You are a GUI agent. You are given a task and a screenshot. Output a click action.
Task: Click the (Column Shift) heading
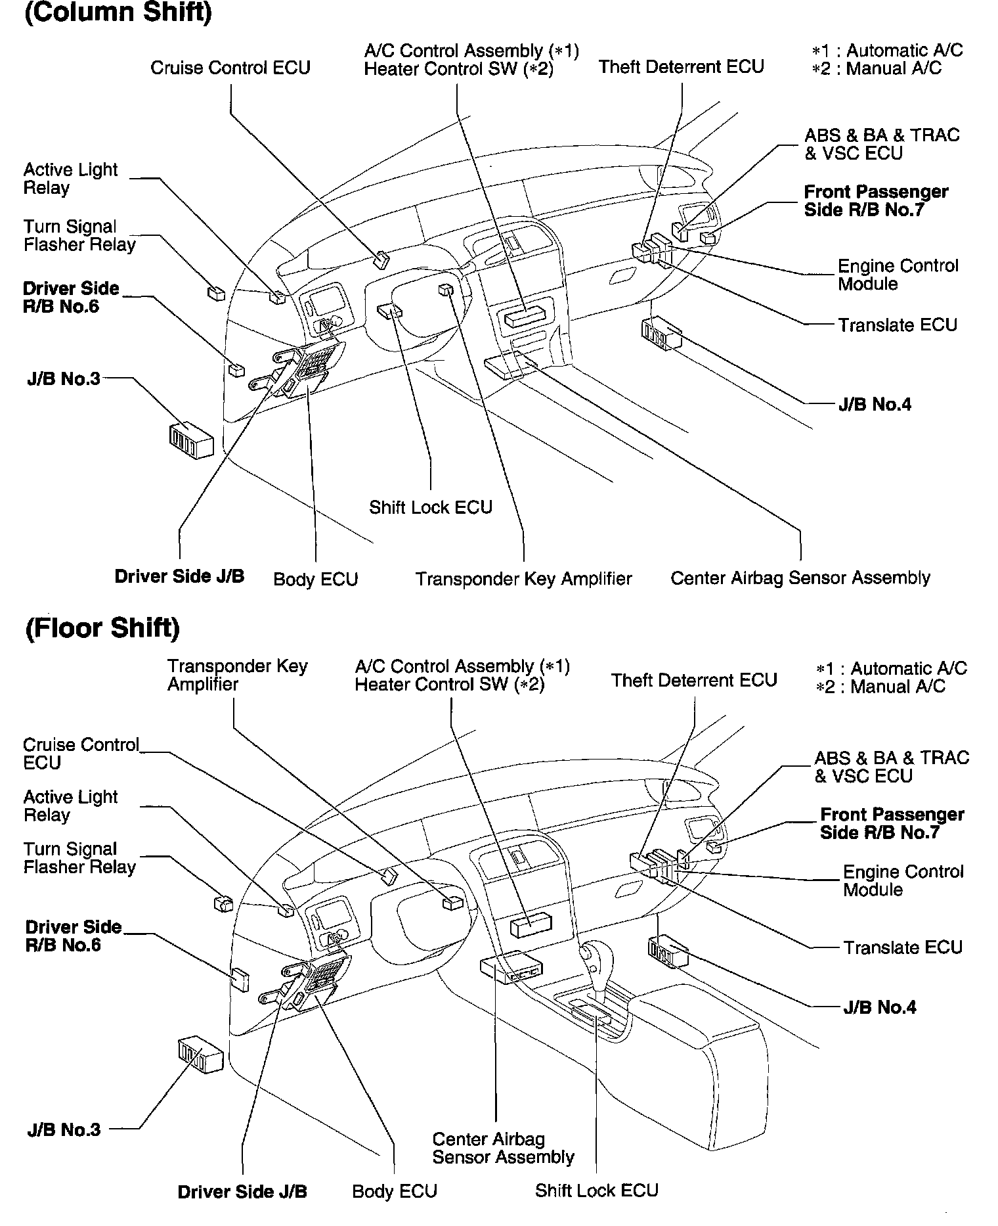click(118, 13)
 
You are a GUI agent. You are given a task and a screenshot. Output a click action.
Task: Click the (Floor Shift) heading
click(102, 628)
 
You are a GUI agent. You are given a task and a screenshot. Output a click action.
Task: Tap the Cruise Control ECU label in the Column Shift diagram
click(230, 68)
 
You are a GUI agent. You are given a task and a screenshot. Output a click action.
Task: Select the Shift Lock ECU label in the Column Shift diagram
click(430, 507)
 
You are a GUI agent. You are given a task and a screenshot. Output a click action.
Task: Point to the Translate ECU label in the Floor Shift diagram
click(903, 947)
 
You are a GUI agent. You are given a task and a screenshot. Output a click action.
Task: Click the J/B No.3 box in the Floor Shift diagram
click(200, 1055)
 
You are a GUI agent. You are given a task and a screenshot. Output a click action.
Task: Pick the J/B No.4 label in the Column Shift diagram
click(875, 405)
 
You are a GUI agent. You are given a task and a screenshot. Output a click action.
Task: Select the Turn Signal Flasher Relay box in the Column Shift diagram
click(216, 294)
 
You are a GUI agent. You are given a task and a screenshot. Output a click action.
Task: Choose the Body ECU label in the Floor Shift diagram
click(395, 1191)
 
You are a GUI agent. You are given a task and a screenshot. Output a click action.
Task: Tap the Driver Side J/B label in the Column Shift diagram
click(179, 577)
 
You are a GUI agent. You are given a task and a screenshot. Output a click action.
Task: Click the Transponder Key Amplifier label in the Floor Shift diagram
click(237, 675)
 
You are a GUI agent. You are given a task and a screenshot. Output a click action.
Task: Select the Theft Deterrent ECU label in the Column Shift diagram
click(681, 66)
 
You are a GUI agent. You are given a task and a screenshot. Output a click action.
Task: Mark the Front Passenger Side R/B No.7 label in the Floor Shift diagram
click(892, 823)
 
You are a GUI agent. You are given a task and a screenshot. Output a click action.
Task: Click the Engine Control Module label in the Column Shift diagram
click(898, 275)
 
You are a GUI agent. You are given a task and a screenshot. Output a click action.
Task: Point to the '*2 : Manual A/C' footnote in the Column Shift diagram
click(877, 68)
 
